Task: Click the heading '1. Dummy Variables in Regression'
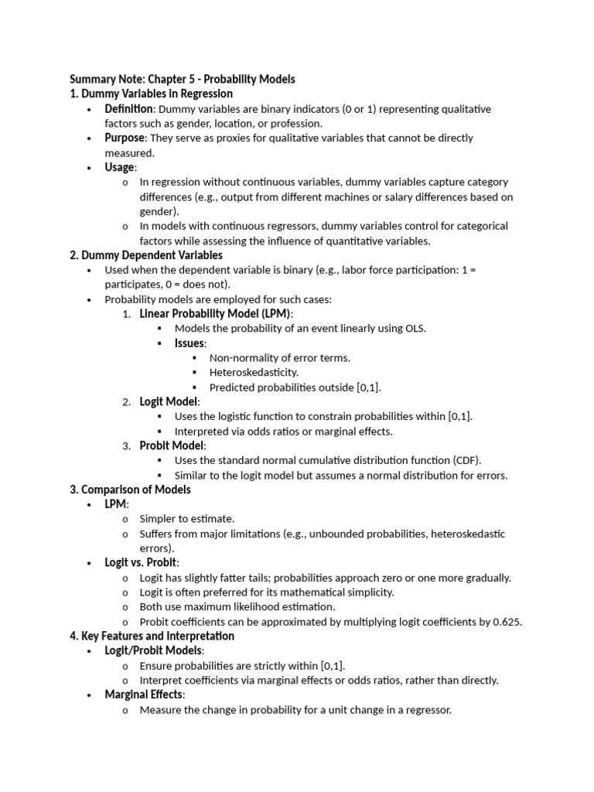coord(151,94)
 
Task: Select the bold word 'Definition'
coord(129,109)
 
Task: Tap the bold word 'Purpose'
coord(125,138)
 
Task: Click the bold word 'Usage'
coord(119,167)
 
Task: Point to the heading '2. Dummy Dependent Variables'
coord(146,255)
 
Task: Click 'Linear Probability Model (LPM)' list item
coord(216,313)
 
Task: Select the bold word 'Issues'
coord(189,343)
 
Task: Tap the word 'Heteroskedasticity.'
coord(254,372)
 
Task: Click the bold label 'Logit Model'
coord(169,401)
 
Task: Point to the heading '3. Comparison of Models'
coord(130,490)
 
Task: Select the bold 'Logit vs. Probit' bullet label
coord(141,562)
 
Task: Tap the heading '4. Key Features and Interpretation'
coord(152,636)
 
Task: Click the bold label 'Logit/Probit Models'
coord(153,650)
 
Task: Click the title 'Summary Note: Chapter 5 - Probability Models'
coord(183,79)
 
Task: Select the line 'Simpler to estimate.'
coord(186,519)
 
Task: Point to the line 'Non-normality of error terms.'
coord(279,357)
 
